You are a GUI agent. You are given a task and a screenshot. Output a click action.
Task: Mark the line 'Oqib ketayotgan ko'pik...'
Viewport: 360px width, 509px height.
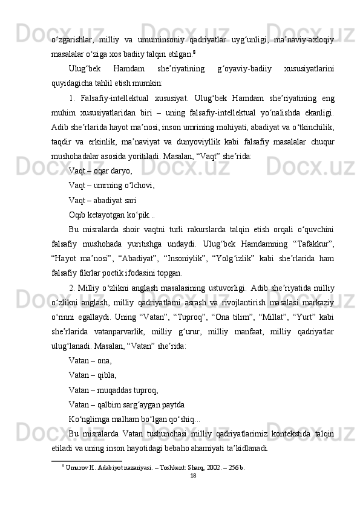coord(103,215)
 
